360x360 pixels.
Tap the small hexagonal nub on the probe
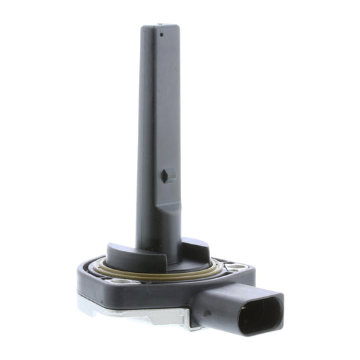165,176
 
